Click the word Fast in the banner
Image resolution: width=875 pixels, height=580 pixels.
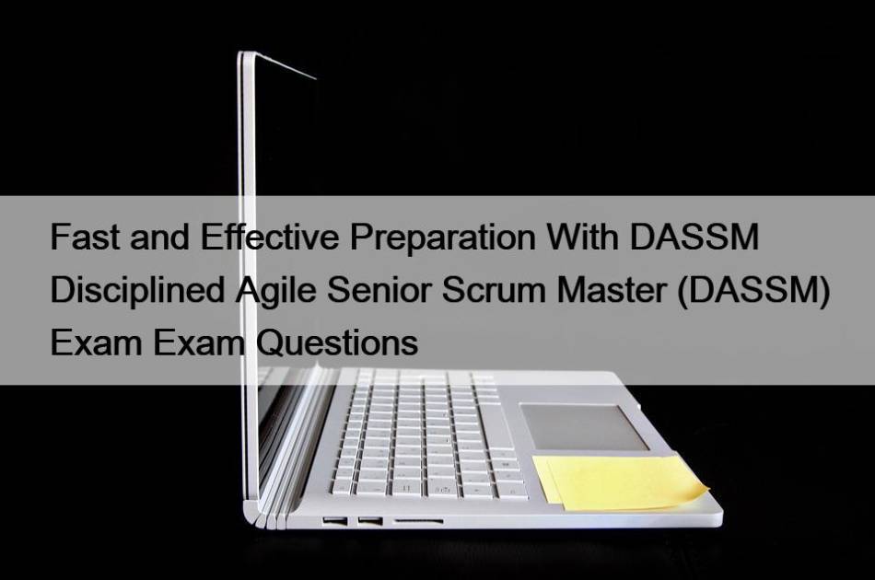point(84,237)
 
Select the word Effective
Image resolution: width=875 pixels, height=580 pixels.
point(270,237)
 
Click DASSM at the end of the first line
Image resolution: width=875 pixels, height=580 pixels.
point(694,237)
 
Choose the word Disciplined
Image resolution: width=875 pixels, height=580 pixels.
point(137,290)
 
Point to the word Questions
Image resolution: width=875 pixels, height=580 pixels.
point(336,343)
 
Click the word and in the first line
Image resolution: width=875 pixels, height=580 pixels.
point(159,237)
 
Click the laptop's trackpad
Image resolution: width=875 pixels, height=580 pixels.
point(583,426)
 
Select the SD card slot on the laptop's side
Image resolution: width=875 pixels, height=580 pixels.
point(418,521)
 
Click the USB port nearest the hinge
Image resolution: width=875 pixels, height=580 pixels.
point(335,521)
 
